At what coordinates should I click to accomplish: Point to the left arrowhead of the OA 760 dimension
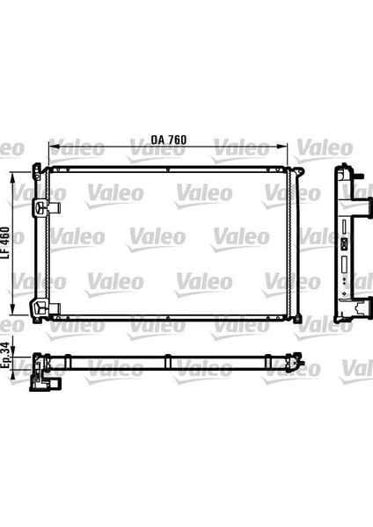[53, 147]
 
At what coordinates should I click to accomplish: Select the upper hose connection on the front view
[44, 207]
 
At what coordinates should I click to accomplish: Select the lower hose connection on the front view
[44, 307]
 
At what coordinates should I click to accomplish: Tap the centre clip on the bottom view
[167, 359]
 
